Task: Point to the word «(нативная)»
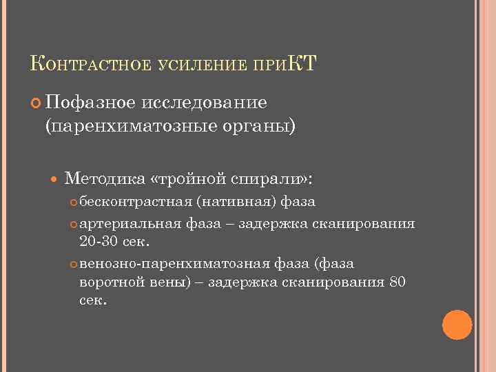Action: pyautogui.click(x=235, y=203)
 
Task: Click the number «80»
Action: pyautogui.click(x=397, y=282)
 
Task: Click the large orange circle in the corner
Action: pyautogui.click(x=457, y=324)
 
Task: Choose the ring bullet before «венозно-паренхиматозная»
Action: pyautogui.click(x=74, y=265)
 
